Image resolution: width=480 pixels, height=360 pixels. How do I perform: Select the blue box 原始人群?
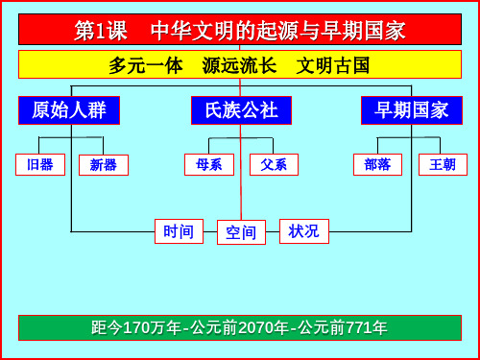(x=68, y=110)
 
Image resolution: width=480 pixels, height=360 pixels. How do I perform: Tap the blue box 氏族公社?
(x=241, y=110)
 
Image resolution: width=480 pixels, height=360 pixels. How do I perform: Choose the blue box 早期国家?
(x=412, y=110)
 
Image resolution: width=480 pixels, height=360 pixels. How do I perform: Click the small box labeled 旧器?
(x=40, y=164)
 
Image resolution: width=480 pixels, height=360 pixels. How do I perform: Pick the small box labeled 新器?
(x=104, y=165)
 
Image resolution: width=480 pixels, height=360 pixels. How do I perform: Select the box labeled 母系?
(x=208, y=164)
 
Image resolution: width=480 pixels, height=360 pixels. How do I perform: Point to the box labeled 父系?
(x=274, y=164)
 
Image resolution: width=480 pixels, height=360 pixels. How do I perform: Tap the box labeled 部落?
(x=377, y=164)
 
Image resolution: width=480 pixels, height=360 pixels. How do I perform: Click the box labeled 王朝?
(x=443, y=164)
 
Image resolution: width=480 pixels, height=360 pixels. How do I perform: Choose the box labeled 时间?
(x=179, y=231)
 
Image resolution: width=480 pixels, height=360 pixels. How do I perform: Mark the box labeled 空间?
(x=241, y=232)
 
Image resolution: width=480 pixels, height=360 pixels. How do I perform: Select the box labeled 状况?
(x=303, y=231)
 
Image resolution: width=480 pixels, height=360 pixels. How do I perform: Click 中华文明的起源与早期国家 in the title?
(x=278, y=31)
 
